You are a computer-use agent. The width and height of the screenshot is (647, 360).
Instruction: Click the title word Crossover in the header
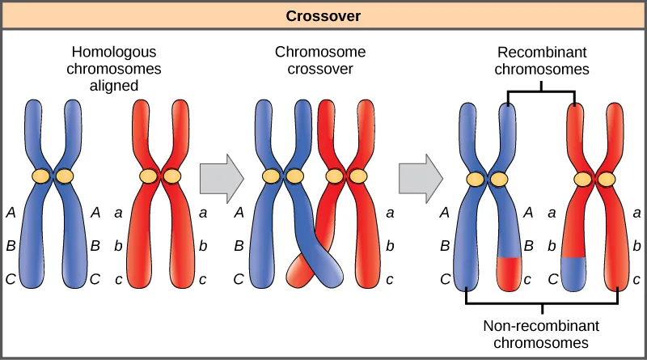(x=323, y=15)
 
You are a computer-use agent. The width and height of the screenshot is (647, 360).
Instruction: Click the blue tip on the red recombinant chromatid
(x=573, y=273)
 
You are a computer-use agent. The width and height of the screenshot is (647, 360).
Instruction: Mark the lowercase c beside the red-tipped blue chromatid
(x=527, y=281)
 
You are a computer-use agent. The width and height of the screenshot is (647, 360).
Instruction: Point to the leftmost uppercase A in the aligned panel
(x=11, y=214)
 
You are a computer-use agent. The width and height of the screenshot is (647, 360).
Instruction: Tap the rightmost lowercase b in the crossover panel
(x=389, y=247)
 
